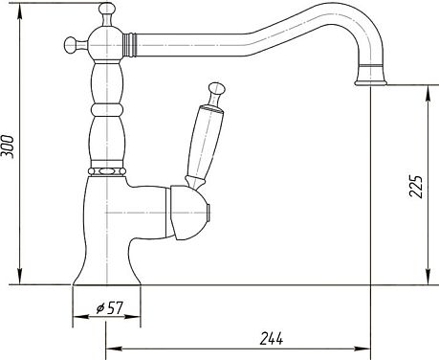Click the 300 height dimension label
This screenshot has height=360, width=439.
coord(8,146)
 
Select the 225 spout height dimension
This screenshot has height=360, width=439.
coord(416,187)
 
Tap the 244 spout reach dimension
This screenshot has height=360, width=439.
coord(272,338)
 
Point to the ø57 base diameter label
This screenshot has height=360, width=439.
coord(109,308)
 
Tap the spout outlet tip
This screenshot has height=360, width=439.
coord(370,82)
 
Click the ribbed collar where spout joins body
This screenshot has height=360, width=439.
coord(129,44)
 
